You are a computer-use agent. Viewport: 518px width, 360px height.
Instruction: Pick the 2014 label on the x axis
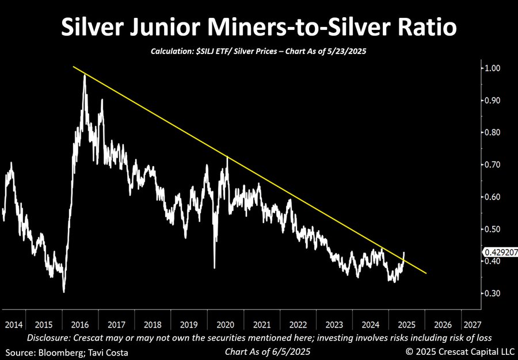click(14, 324)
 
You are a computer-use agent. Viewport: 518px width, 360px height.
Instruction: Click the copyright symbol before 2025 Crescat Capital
click(410, 350)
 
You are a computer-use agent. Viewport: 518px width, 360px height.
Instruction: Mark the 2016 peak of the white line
click(85, 75)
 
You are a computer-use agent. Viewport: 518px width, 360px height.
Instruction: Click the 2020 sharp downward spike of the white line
click(215, 267)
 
